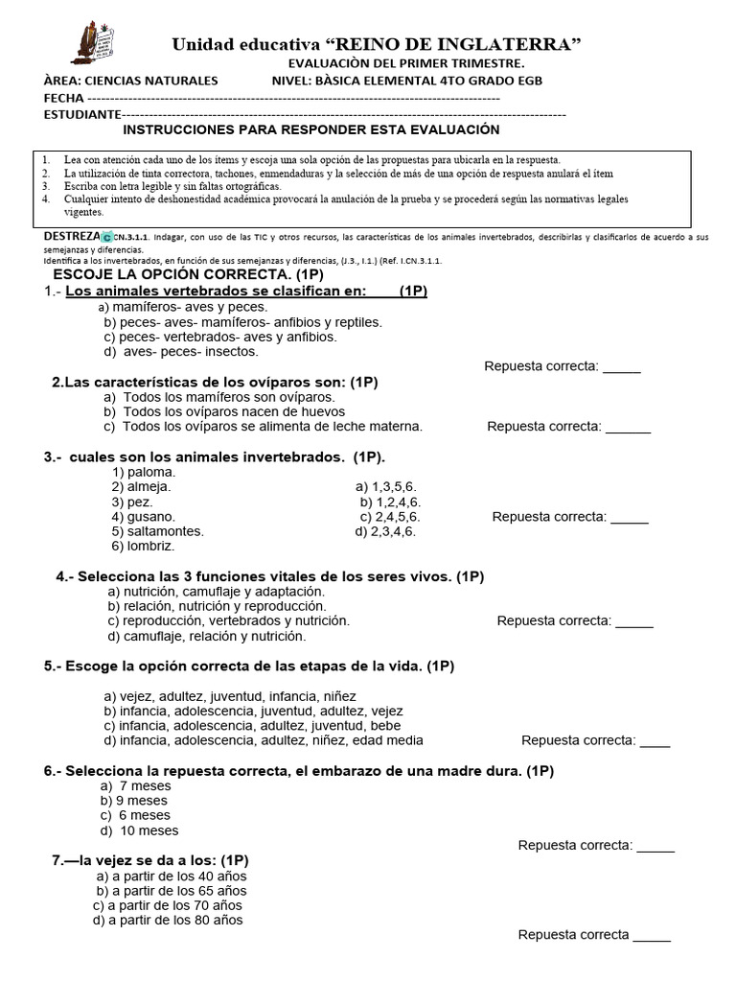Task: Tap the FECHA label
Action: tap(64, 98)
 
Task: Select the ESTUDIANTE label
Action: tap(81, 114)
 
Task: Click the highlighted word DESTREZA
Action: tap(72, 235)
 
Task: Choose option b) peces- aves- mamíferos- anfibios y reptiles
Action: tap(242, 322)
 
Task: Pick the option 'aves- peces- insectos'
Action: tap(181, 351)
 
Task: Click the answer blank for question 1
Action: tap(621, 366)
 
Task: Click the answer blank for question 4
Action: tap(633, 620)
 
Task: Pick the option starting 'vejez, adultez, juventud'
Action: tap(230, 696)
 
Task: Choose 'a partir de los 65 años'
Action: tap(172, 890)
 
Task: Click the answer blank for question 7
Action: tap(652, 935)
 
